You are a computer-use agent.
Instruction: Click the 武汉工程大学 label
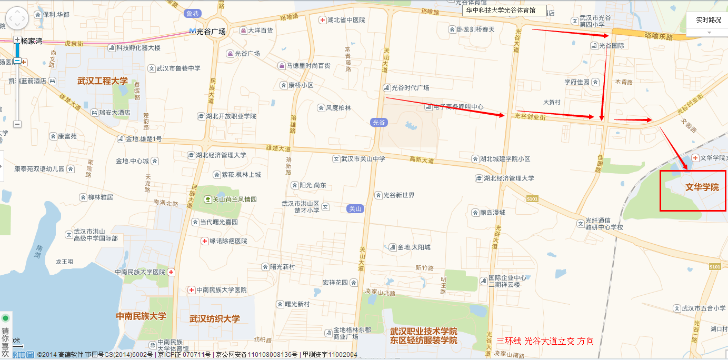(x=102, y=81)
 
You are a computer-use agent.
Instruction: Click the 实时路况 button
(x=708, y=20)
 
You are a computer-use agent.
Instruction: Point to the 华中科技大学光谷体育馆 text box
(x=504, y=11)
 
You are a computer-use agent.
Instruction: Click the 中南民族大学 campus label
(x=141, y=316)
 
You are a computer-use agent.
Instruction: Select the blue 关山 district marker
(x=355, y=209)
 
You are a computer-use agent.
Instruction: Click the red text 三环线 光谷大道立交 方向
(x=545, y=341)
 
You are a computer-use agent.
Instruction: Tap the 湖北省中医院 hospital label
(x=346, y=20)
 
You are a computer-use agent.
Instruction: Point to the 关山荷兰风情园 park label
(x=235, y=199)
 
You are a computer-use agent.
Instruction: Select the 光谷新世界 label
(x=398, y=195)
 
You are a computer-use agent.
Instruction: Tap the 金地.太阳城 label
(x=413, y=247)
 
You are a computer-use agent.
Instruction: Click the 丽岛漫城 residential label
(x=492, y=213)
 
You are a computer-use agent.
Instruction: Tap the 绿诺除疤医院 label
(x=228, y=241)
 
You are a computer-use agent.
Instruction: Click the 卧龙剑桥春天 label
(x=475, y=29)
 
